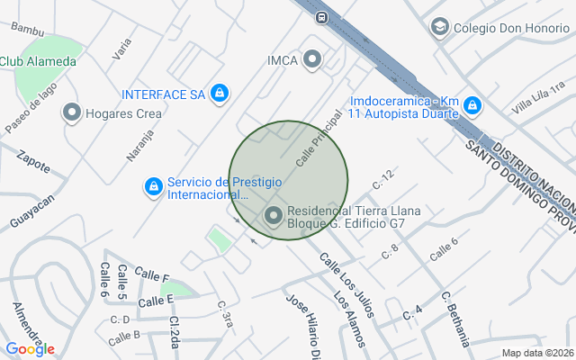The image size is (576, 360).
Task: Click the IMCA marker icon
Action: [312, 60]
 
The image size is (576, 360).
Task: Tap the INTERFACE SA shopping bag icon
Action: [219, 93]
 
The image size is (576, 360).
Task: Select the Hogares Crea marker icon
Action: [72, 112]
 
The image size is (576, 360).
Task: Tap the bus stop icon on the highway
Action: [321, 16]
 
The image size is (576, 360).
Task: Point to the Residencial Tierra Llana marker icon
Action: [273, 216]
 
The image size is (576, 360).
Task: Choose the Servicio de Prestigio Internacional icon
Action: [154, 187]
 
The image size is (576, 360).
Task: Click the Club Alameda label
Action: [38, 61]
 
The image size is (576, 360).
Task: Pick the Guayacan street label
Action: [32, 211]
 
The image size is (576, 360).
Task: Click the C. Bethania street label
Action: [456, 319]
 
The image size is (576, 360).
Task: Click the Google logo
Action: [30, 349]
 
